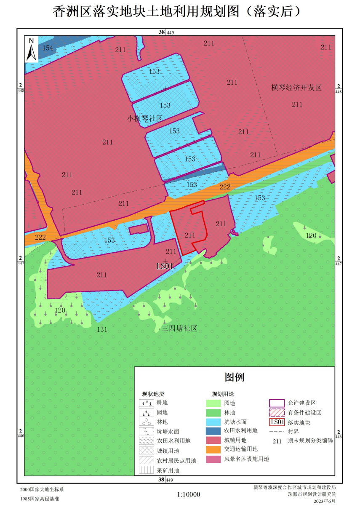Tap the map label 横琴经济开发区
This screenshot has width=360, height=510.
coord(296,88)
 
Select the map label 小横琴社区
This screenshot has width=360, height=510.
coord(145,118)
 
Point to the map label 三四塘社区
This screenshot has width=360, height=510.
coord(179,328)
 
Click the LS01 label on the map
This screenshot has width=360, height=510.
coord(165,266)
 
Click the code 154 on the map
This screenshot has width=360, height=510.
coord(48,48)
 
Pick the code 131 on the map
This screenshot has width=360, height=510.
coord(102,330)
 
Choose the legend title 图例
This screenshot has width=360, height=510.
coord(234,377)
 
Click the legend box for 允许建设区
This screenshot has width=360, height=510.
coord(277,403)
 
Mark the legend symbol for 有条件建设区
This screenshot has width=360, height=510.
coord(277,413)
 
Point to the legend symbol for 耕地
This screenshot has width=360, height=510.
coord(146,403)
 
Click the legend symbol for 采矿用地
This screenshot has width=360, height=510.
coord(146,470)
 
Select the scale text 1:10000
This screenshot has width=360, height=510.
coord(189,495)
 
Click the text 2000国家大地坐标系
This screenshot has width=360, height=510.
coord(42,490)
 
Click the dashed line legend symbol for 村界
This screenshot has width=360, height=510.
coord(277,432)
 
